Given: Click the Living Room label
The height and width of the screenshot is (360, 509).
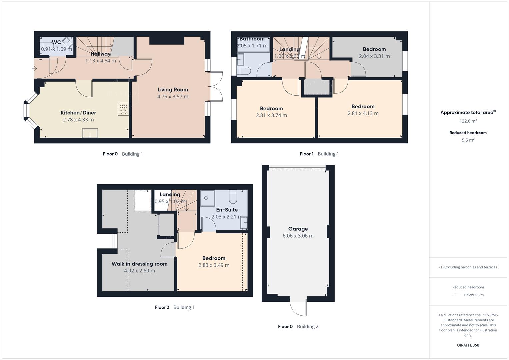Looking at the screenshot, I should point(173,89).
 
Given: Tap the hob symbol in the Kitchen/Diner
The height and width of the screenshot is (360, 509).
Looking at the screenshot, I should point(123,109).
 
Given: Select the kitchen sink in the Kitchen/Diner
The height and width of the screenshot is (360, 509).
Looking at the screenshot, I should point(90,133).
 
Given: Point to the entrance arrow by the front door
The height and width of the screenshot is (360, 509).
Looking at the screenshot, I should point(34,68).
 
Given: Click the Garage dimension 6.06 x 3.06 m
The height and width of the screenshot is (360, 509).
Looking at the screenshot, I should point(298,236).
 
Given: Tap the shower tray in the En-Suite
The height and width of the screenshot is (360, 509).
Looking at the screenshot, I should point(207,198).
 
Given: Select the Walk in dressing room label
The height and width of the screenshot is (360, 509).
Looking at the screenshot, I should point(139,264).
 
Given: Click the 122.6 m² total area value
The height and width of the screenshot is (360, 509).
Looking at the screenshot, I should point(468,121).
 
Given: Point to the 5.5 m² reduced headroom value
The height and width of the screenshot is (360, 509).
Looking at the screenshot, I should point(468,140).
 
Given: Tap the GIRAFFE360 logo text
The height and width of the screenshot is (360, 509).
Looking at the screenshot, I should point(468,345).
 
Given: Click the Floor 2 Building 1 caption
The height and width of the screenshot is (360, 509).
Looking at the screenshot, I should point(175,307).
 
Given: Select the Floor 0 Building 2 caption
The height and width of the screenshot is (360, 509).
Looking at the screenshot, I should point(298,326).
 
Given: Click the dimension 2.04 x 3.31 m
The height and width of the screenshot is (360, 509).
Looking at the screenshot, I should point(374,56).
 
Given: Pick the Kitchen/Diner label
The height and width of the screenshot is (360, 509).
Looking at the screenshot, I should point(78,113).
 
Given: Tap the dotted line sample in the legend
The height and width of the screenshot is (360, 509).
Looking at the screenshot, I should point(457,295).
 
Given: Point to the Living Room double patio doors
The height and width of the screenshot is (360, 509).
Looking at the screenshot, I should point(216,86).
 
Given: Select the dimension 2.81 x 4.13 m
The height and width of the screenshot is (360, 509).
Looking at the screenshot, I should point(363,113).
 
